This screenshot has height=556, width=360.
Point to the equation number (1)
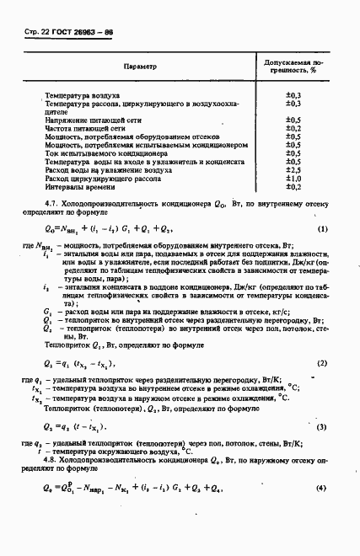pos(322,229)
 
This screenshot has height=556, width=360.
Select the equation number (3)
pos(322,427)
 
